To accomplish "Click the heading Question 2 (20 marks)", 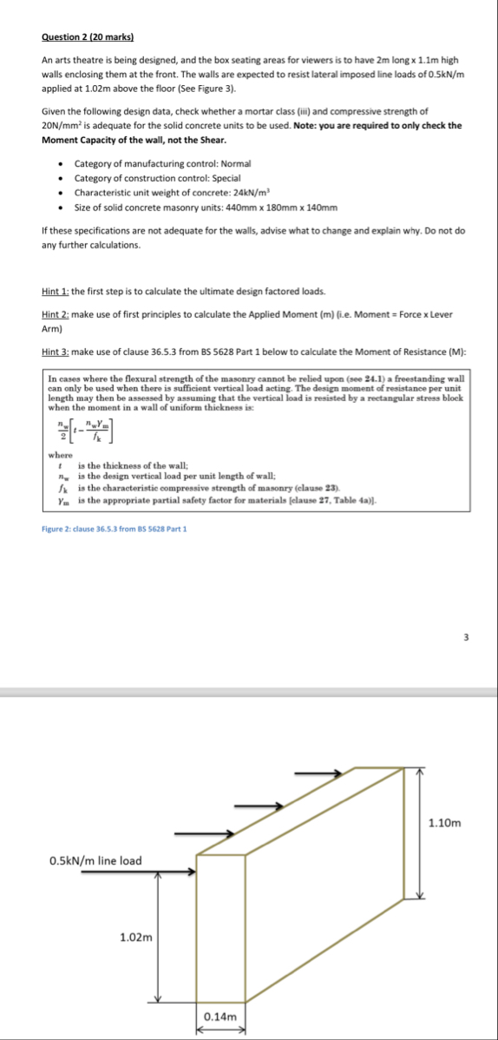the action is click(x=93, y=37).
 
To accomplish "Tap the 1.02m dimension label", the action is click(x=136, y=937).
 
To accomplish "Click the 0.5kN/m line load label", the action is click(x=95, y=860).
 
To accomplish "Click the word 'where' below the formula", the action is click(x=60, y=454).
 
